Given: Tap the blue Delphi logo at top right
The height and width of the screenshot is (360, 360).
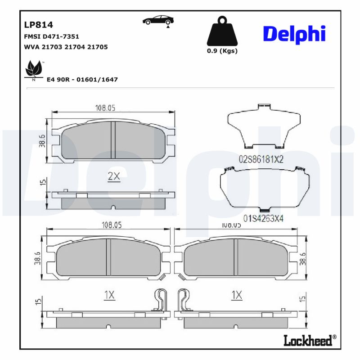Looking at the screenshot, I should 294,35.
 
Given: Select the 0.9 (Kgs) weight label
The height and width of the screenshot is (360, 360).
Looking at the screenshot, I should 222,51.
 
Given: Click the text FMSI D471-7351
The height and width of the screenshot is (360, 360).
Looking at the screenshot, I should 51,36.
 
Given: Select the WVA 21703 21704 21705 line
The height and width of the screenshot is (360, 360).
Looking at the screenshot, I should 65,46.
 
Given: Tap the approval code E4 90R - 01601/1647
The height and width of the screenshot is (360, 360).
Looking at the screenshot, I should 82,80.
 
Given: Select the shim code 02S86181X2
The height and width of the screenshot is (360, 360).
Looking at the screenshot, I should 261,159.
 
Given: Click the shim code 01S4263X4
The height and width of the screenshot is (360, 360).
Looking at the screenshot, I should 264,218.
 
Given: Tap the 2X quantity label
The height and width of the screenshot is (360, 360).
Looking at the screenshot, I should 114,177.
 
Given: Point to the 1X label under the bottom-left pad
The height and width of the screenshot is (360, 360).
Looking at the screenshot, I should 109,295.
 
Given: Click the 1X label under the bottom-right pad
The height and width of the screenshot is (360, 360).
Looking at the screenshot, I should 237,295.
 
